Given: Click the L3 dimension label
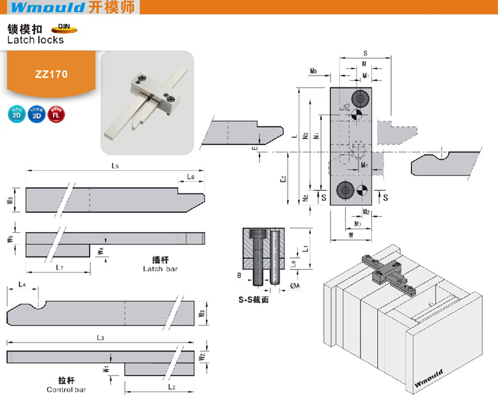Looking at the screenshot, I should tap(100, 338).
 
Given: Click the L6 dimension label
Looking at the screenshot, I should tap(191, 178).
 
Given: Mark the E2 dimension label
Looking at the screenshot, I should tap(282, 178).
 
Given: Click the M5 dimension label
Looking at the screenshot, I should tap(313, 71).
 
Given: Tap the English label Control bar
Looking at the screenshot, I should tap(66, 390).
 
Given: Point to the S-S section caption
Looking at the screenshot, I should tap(253, 300).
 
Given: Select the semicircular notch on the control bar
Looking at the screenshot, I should tap(38, 305).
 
